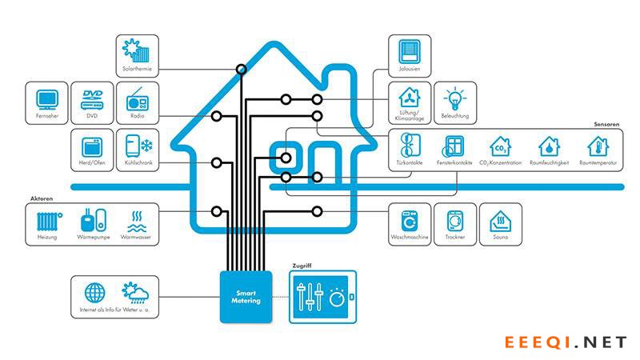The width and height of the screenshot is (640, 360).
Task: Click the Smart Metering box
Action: tap(246, 296)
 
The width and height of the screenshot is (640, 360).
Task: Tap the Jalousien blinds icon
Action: tap(410, 52)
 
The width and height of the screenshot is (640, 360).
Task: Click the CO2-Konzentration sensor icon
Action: tap(500, 146)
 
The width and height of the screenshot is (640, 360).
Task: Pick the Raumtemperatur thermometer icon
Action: tap(597, 146)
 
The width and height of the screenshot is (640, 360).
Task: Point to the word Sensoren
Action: tap(607, 124)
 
